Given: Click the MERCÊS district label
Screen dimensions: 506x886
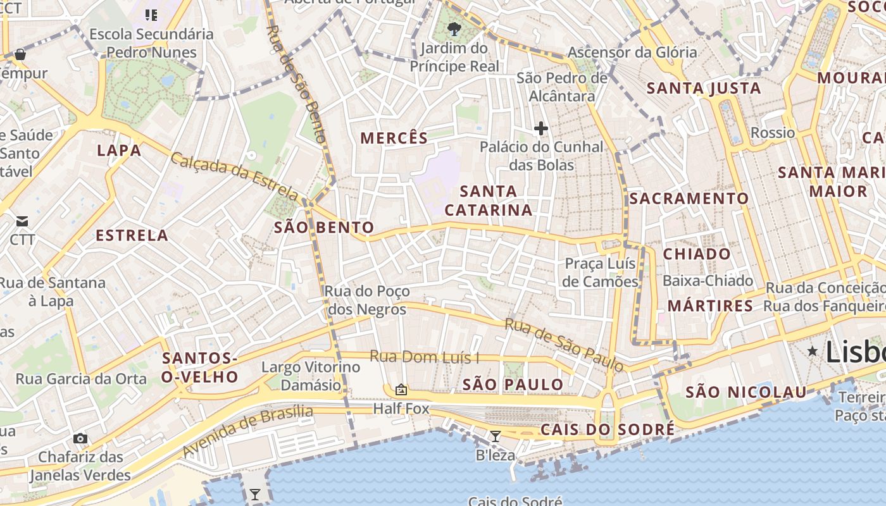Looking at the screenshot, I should [394, 137].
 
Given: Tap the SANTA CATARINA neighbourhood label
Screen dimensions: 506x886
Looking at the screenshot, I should [488, 201].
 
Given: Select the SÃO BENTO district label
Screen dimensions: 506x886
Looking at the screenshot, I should [324, 228].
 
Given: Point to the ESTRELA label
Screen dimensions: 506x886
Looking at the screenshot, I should [132, 236].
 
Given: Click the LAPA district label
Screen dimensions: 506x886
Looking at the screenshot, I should [119, 150].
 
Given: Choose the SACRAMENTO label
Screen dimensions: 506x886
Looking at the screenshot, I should [689, 199].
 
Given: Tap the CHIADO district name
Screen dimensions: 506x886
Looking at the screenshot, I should [697, 254].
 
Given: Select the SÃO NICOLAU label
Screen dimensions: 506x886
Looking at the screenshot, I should [746, 392].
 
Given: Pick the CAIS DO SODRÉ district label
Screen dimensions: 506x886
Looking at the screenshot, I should [608, 430].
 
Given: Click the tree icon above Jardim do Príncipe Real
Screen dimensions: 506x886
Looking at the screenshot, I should [454, 28].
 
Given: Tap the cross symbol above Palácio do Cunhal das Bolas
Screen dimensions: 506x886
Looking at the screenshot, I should [540, 129].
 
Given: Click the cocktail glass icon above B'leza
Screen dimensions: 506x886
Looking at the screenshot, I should [496, 436].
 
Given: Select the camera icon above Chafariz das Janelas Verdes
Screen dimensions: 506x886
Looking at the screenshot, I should [80, 438].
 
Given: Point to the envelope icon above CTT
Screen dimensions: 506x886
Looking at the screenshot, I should [22, 221].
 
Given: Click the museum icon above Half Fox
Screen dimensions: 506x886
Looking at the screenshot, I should [401, 390].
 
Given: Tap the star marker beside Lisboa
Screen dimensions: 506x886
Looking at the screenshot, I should [813, 351].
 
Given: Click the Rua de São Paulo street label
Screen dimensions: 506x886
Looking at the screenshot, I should [564, 345].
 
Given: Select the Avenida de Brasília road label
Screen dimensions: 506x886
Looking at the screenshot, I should [247, 430].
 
